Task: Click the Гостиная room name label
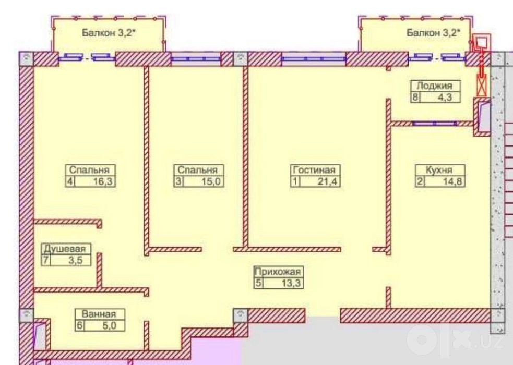[314, 170]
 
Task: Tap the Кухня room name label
[439, 170]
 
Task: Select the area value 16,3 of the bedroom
[102, 181]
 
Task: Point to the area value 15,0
[211, 181]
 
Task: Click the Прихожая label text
[278, 272]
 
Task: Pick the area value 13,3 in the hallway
[291, 283]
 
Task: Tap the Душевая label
[65, 249]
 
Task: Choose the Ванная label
[99, 314]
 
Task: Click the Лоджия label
[434, 86]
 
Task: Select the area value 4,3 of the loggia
[445, 97]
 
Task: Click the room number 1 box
[295, 181]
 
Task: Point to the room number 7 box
[46, 260]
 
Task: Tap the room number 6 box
[79, 325]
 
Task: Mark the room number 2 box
[420, 181]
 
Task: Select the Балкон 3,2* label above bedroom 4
[109, 33]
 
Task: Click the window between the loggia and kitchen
[434, 124]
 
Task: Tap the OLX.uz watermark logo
[455, 340]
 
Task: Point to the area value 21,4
[327, 181]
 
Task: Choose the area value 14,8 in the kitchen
[452, 181]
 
